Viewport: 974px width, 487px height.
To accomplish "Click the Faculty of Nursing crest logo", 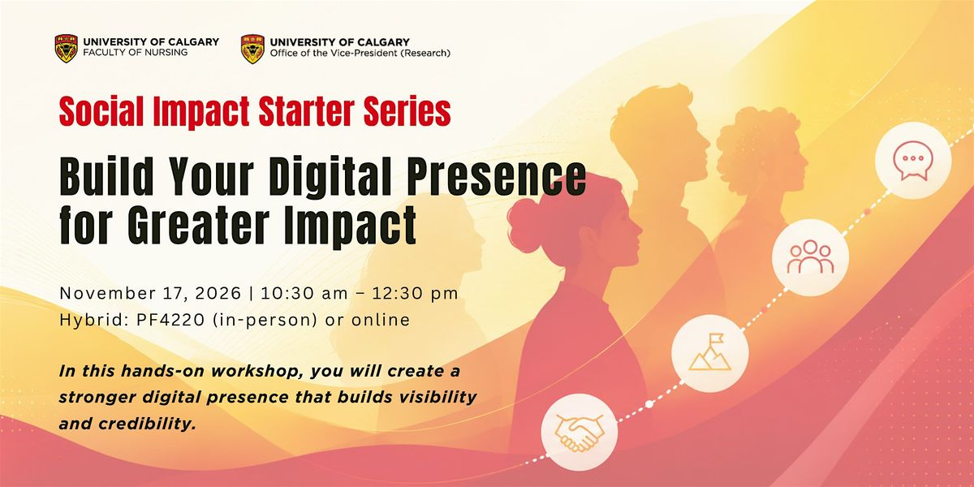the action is coord(67,49).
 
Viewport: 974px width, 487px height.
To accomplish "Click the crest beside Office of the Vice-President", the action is coord(252,50).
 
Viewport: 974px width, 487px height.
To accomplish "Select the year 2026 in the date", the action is coord(218,294).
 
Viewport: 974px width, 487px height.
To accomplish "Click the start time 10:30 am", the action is coord(304,294).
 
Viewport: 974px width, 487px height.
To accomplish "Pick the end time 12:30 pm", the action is coord(416,294).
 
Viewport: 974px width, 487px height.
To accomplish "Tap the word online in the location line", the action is coord(381,320).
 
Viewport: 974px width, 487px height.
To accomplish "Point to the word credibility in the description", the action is coord(148,424).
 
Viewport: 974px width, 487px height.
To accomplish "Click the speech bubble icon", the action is coord(913,161).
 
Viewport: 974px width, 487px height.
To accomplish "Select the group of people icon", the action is coord(811,257).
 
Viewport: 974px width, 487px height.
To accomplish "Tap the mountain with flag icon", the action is coord(710,353).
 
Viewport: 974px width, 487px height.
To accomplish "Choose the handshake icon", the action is coord(580,432).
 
